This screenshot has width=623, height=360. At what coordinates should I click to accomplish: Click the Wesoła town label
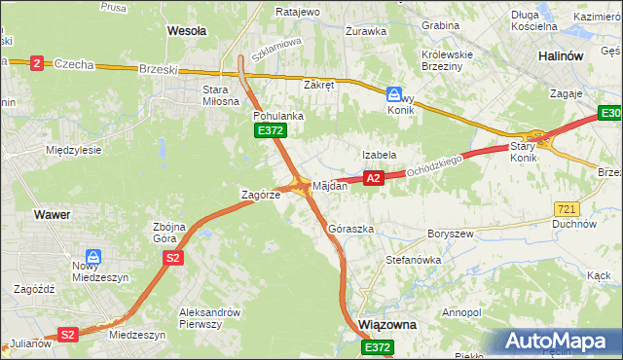click(187, 31)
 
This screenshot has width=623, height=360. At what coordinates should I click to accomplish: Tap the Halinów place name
click(561, 56)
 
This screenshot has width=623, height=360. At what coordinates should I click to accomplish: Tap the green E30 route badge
click(610, 116)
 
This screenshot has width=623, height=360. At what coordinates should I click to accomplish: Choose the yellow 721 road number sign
click(567, 209)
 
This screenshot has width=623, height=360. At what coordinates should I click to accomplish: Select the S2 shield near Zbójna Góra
click(172, 258)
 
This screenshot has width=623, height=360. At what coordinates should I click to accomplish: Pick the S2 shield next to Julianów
click(67, 335)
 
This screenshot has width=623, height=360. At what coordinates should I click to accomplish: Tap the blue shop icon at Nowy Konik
click(394, 95)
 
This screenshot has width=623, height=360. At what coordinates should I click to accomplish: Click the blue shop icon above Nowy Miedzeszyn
click(93, 256)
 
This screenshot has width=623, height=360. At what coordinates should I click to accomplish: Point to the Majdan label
click(329, 186)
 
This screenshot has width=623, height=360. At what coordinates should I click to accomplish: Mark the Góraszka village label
click(351, 230)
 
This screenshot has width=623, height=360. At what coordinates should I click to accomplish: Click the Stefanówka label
click(414, 261)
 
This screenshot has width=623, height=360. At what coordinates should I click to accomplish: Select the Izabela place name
click(379, 155)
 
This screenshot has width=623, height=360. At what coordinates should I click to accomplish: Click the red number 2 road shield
click(37, 63)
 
